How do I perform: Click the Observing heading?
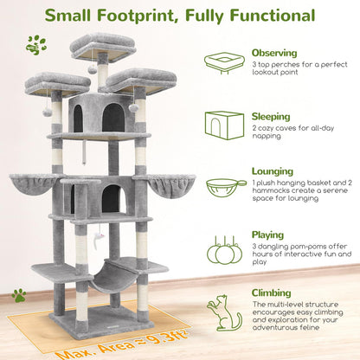[273, 53]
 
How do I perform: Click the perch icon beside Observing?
[224, 62]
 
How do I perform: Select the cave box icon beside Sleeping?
[224, 123]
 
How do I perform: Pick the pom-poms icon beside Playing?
[224, 251]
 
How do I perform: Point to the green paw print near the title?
[36, 44]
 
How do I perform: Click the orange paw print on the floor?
[18, 296]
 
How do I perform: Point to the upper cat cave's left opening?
[79, 119]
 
